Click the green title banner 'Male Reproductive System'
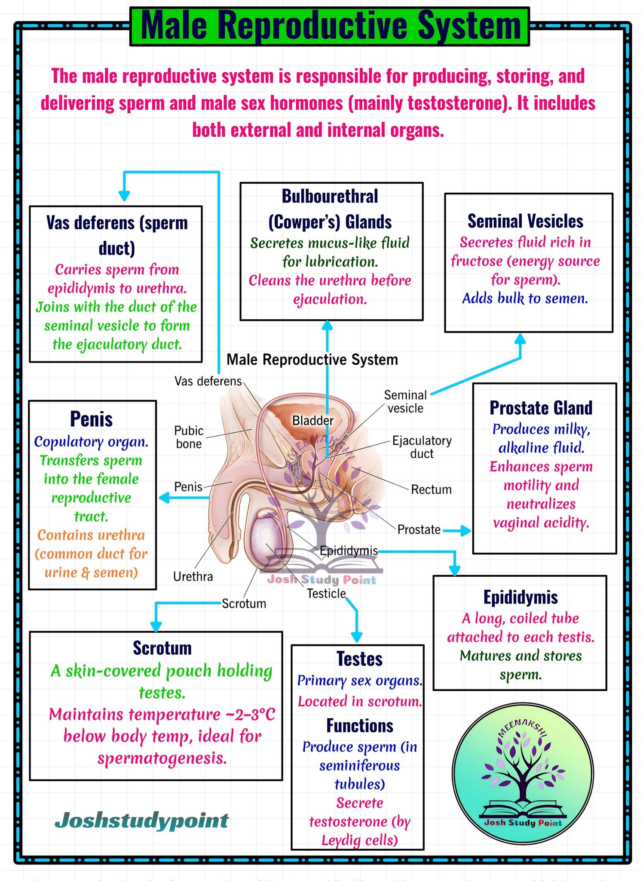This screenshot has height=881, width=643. pyautogui.click(x=330, y=26)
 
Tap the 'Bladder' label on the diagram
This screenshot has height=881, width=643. pyautogui.click(x=313, y=420)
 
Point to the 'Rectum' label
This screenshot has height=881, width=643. pyautogui.click(x=431, y=490)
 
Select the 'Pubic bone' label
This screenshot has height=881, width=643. pyautogui.click(x=189, y=437)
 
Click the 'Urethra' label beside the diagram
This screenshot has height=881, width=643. pyautogui.click(x=193, y=576)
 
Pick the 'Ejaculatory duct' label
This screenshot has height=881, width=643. pyautogui.click(x=422, y=447)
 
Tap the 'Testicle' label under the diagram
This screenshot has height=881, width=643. pyautogui.click(x=326, y=594)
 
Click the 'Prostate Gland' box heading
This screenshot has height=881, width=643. pyautogui.click(x=541, y=408)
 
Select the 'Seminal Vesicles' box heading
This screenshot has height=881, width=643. pyautogui.click(x=525, y=221)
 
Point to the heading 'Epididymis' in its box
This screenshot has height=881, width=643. pyautogui.click(x=521, y=598)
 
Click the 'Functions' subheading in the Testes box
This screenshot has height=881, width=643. pyautogui.click(x=360, y=726)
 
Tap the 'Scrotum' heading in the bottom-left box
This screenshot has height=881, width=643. pyautogui.click(x=162, y=648)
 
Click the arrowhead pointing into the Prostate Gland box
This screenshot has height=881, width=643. pyautogui.click(x=465, y=531)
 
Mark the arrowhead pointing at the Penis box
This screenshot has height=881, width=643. pyautogui.click(x=164, y=498)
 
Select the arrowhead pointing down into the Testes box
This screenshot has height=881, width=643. pyautogui.click(x=357, y=637)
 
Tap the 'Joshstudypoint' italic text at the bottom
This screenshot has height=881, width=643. pyautogui.click(x=142, y=821)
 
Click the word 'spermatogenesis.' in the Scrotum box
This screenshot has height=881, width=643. pyautogui.click(x=162, y=758)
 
